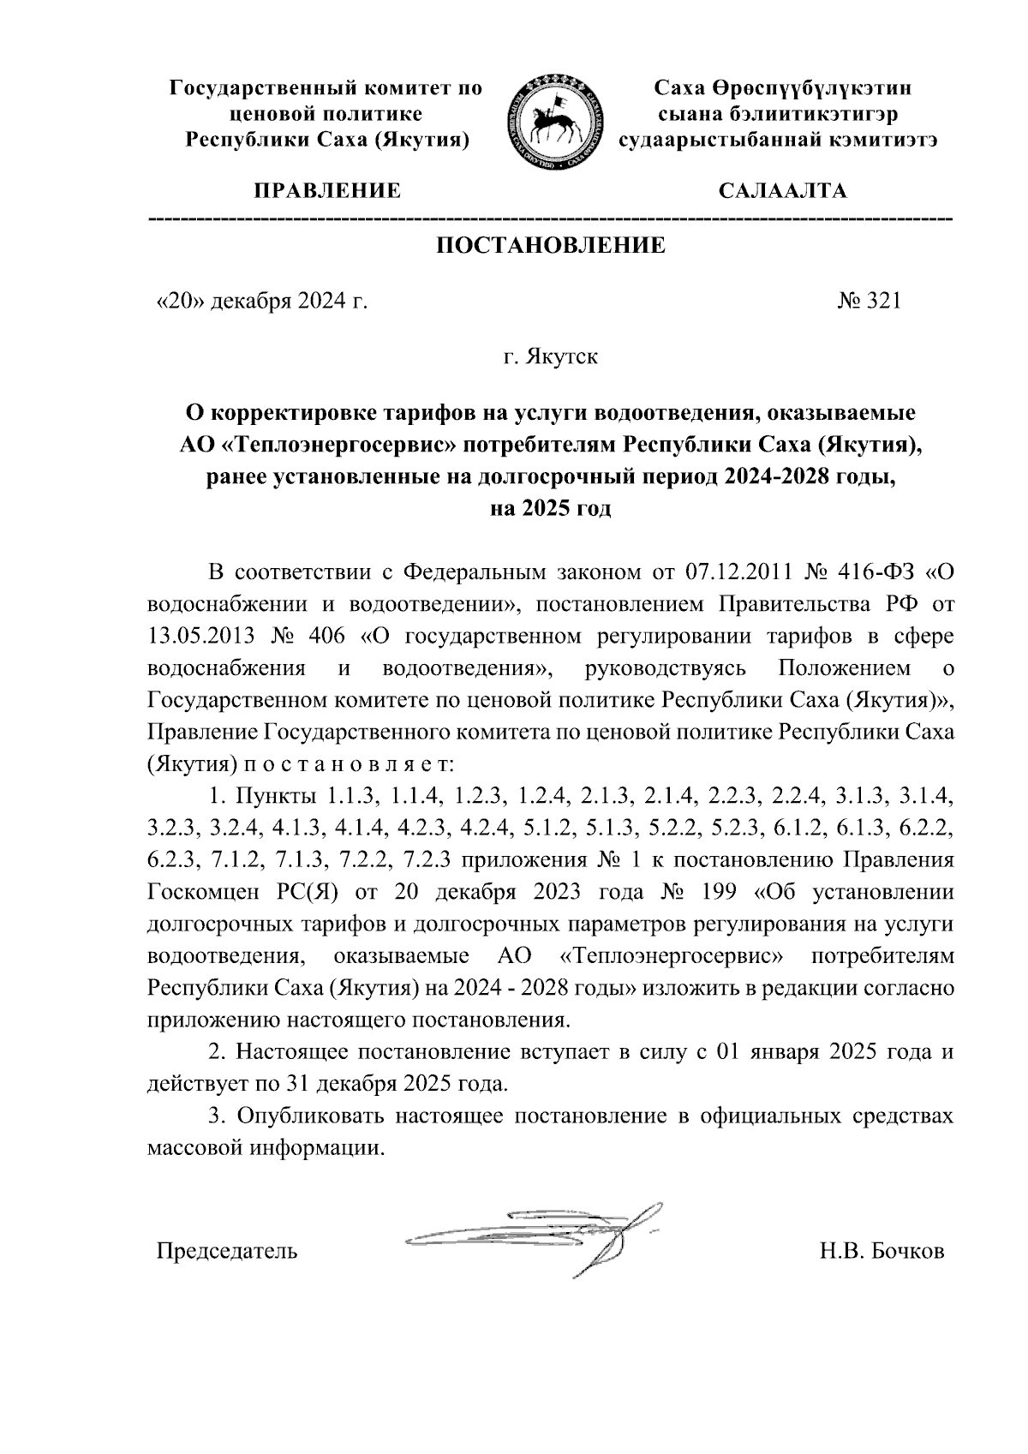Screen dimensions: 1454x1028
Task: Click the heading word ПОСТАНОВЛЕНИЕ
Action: pos(551,247)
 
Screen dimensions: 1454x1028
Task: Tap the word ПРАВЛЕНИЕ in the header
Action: pos(326,190)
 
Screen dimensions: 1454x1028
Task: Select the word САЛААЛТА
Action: pos(782,190)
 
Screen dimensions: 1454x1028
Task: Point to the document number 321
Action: pos(884,302)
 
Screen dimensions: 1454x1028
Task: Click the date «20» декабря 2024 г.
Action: pos(261,302)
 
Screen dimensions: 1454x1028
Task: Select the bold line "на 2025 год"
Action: pos(550,508)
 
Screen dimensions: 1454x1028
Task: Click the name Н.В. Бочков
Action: pos(882,1252)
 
